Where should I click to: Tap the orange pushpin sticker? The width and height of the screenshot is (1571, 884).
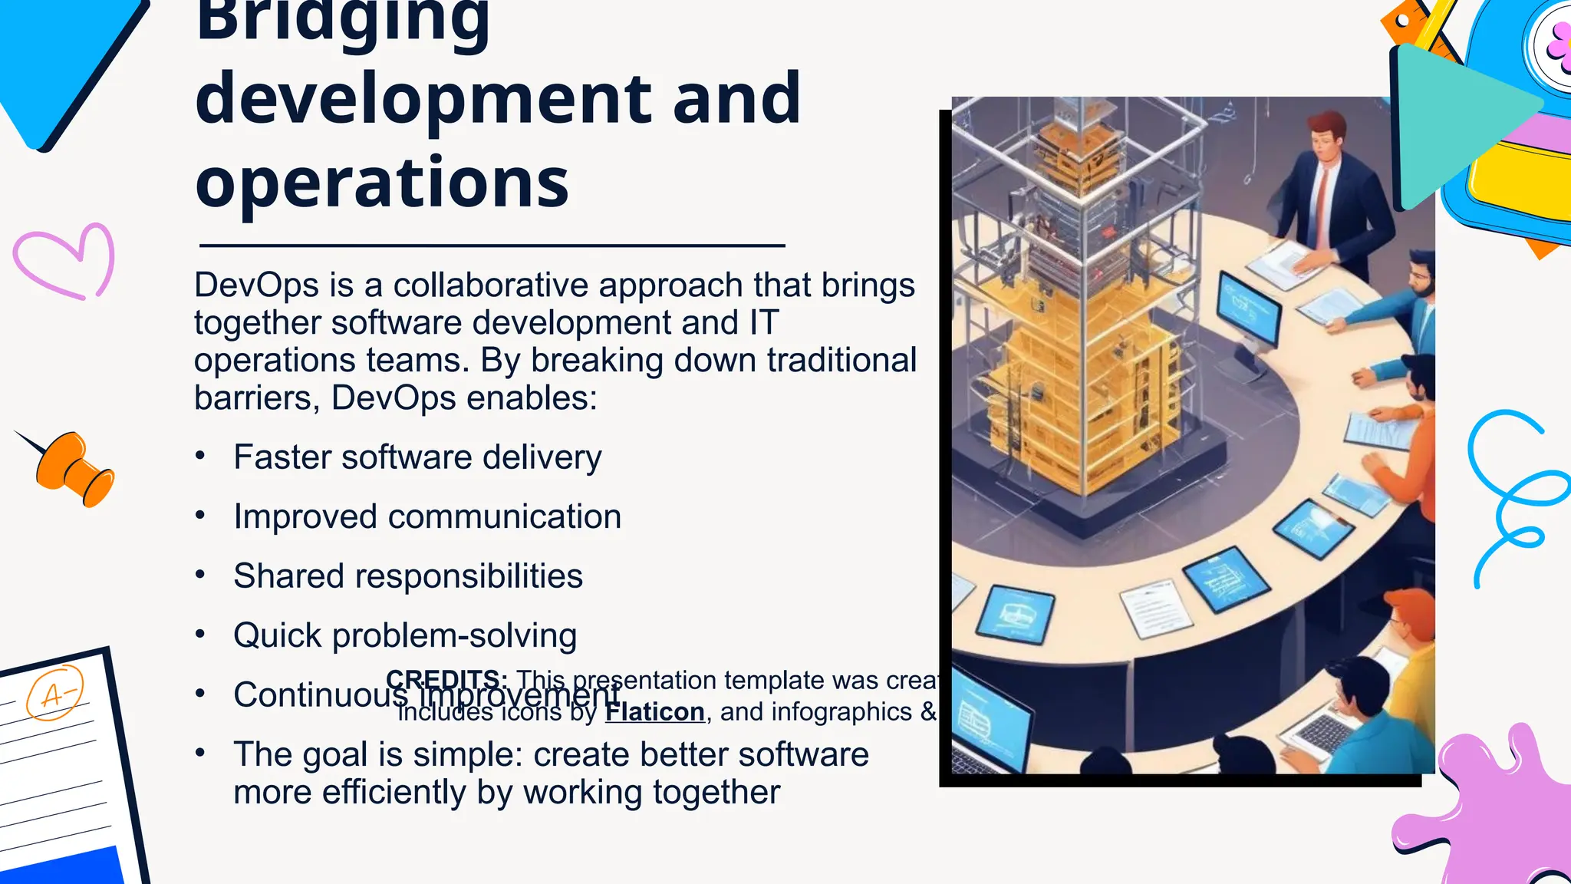click(75, 468)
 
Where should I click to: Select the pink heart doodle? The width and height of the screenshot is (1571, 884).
click(64, 261)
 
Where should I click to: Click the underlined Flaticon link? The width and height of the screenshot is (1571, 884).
click(654, 712)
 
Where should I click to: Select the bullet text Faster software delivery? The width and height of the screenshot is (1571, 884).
click(417, 457)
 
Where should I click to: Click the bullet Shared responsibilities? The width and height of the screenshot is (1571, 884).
click(408, 576)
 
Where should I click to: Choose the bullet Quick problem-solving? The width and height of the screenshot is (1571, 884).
click(405, 636)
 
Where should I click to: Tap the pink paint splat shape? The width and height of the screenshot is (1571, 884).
click(1488, 813)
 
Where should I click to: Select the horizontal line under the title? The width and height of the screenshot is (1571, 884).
click(492, 246)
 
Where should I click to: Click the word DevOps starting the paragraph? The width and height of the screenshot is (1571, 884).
click(256, 285)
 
